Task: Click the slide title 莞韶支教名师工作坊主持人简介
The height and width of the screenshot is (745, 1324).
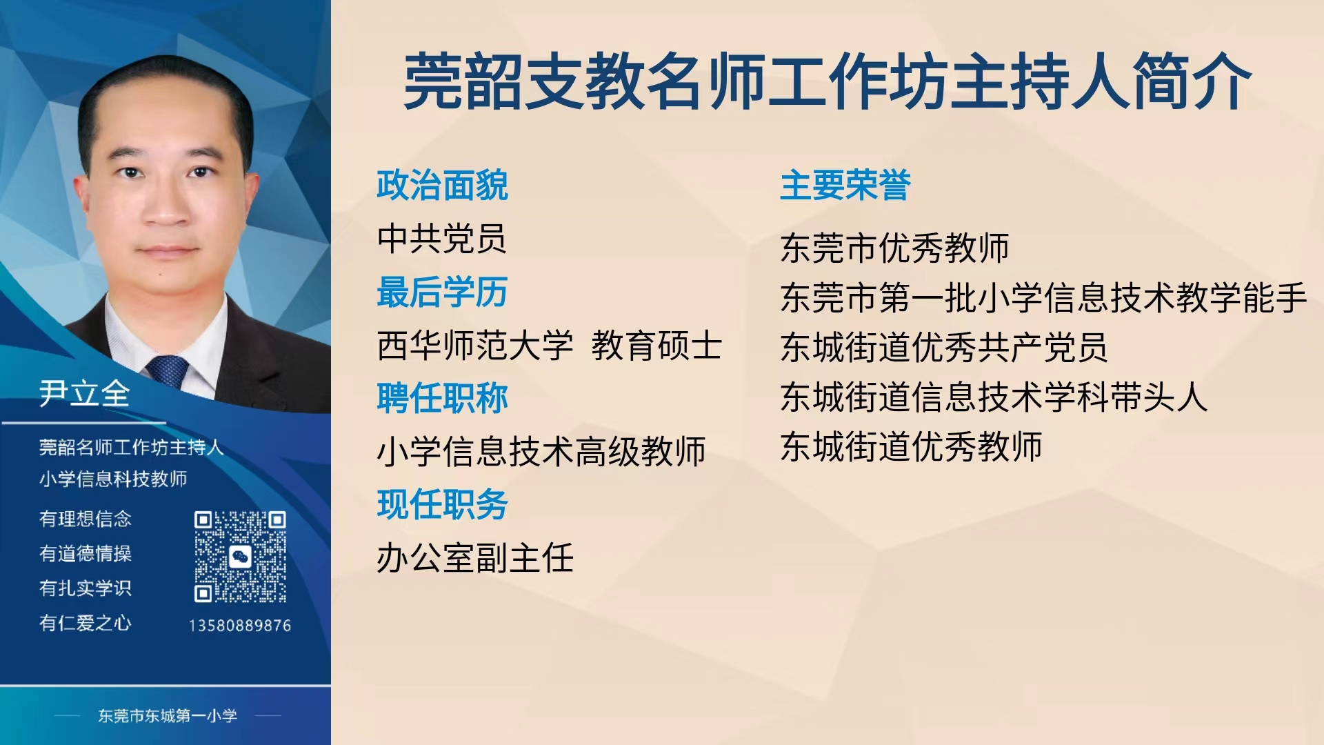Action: pos(827,81)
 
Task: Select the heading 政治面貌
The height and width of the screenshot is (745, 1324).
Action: pos(443,185)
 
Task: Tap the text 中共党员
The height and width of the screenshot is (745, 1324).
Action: pos(441,239)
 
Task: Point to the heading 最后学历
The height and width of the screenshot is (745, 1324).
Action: pos(443,292)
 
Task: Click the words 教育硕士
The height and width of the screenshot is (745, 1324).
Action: pos(656,345)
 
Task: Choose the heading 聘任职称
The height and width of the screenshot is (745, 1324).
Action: pos(443,398)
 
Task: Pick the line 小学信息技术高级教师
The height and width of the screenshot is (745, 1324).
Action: pos(541,452)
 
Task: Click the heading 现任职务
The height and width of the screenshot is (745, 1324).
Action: pos(443,504)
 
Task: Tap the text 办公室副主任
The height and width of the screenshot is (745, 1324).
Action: pos(475,558)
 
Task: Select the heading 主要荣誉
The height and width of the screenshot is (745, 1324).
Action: pos(845,185)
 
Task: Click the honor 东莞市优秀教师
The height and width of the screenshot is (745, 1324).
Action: pos(895,248)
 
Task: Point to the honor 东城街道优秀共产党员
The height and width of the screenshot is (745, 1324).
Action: pos(944,347)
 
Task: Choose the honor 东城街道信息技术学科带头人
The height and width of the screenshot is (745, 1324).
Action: pos(994,397)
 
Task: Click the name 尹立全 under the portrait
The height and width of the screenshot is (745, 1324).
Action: pos(85,393)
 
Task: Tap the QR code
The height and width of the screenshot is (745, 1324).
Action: pos(240,557)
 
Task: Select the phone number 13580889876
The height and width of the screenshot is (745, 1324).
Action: pos(240,626)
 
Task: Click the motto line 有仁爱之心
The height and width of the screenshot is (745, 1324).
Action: pos(86,623)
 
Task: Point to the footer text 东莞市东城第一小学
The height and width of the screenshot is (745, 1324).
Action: pos(168,716)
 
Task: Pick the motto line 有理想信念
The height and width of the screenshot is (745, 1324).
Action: pos(86,519)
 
